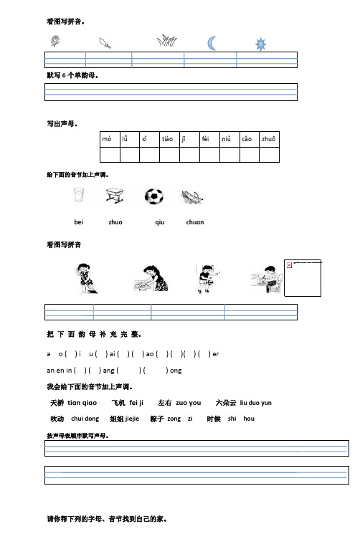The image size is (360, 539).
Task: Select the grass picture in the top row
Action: (167, 42)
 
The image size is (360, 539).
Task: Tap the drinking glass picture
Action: (79, 196)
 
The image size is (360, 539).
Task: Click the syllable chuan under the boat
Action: (194, 222)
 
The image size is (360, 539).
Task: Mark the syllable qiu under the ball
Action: (159, 222)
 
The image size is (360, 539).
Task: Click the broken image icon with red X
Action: (289, 264)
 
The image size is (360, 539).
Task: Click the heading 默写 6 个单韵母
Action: (72, 75)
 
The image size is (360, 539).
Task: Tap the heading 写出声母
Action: (62, 123)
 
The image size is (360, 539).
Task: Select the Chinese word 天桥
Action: (57, 403)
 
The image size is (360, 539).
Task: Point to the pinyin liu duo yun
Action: (255, 404)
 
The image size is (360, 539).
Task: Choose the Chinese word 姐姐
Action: (116, 419)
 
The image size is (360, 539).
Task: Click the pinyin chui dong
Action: (85, 419)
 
